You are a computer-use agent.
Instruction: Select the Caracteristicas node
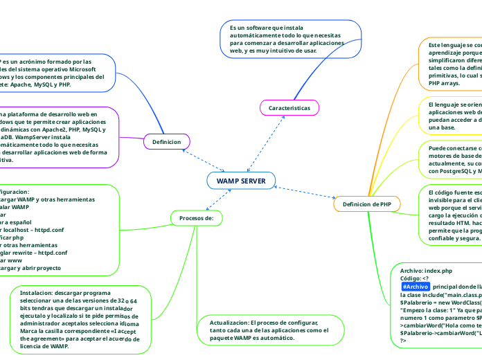289,108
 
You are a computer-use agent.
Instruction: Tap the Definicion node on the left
166,142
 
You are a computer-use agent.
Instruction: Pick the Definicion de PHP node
366,204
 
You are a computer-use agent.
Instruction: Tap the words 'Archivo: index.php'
426,251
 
